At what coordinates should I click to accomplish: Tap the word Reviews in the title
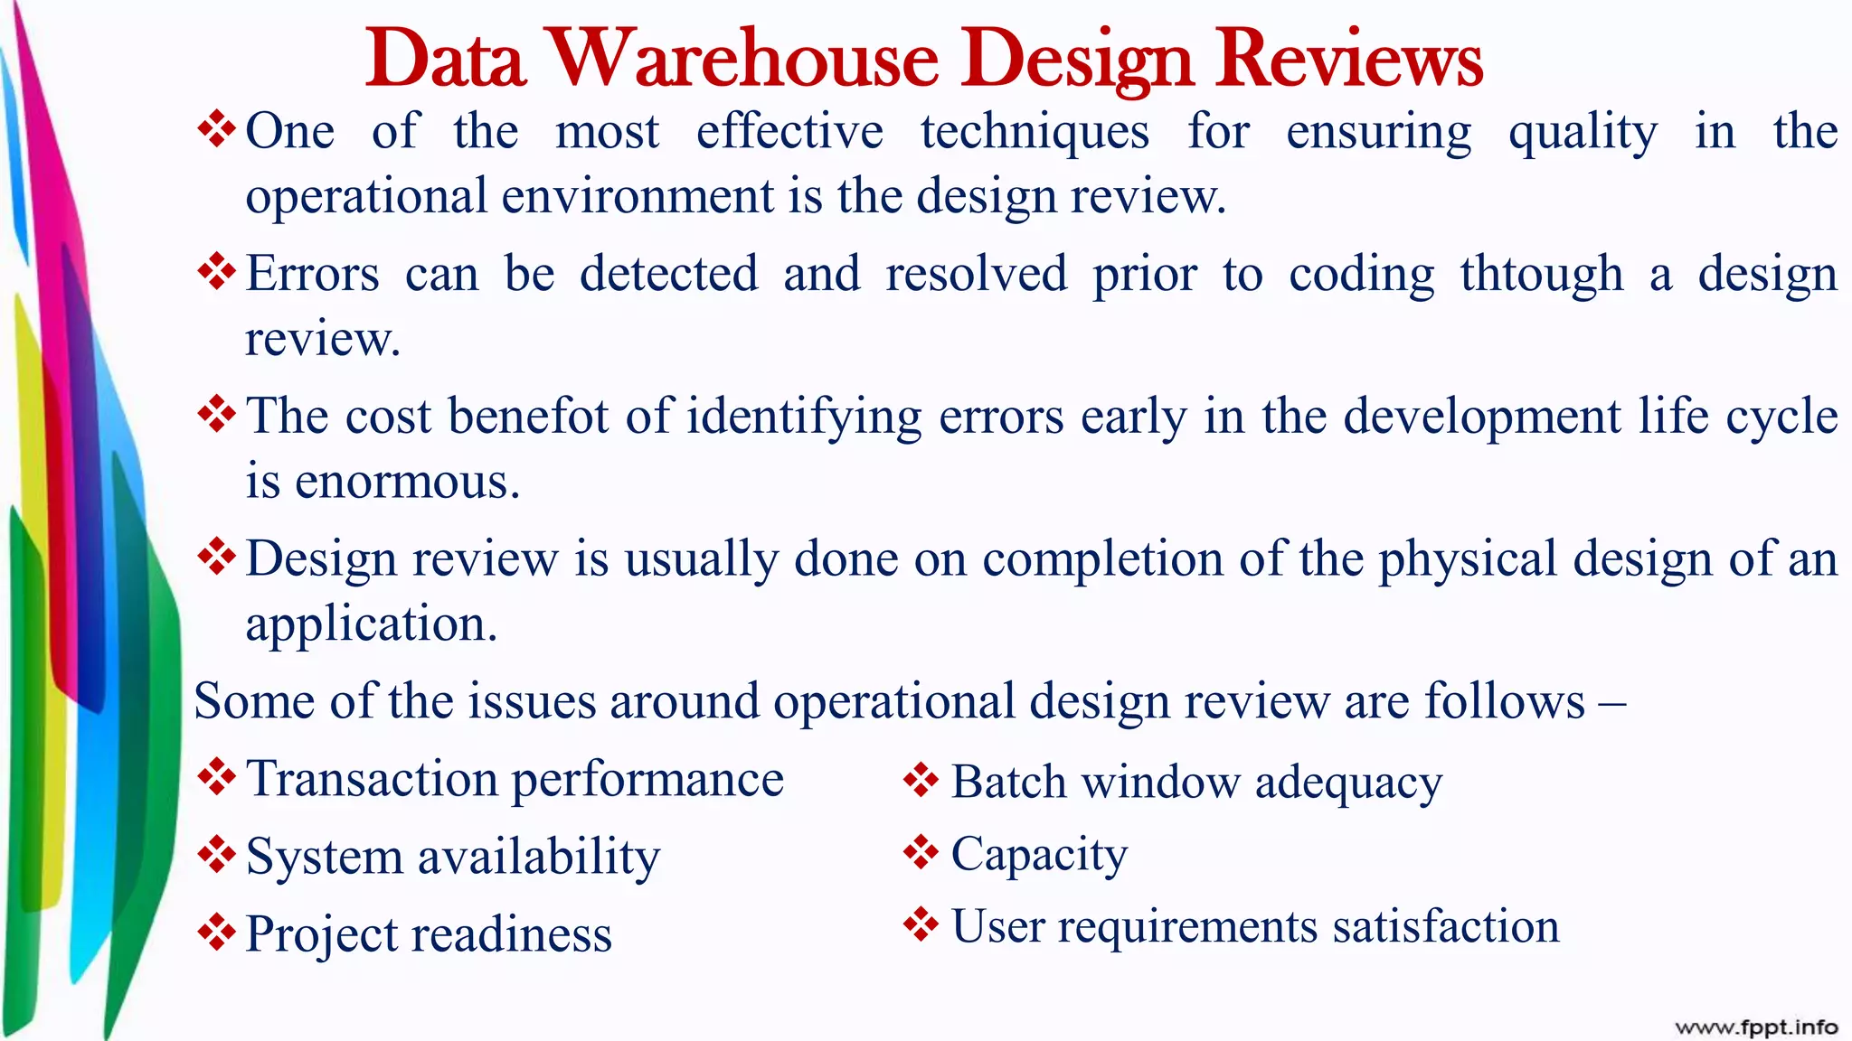pos(1348,59)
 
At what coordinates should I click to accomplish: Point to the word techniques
pos(1035,133)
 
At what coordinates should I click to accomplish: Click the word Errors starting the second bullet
pos(313,274)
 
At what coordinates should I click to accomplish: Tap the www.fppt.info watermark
pos(1756,1027)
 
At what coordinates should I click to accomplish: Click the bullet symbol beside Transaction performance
pos(216,776)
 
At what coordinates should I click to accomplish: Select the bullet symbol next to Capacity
pos(921,851)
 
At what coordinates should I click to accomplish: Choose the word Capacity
pos(1040,855)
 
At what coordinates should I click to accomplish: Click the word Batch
pos(1009,783)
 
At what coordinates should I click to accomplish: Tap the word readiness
pos(512,934)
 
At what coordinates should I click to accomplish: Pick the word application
pos(371,625)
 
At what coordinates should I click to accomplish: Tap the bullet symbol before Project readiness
pos(216,932)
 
